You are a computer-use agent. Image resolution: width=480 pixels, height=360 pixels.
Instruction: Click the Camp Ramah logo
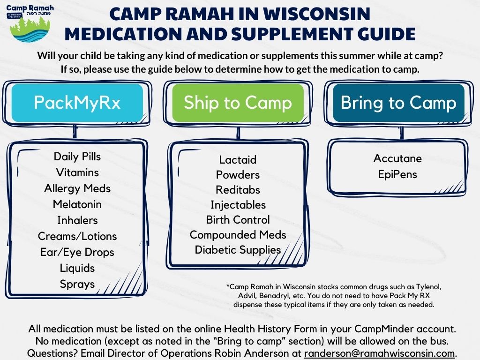pyautogui.click(x=30, y=23)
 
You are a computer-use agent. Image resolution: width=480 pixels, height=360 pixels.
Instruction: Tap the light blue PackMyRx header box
pyautogui.click(x=77, y=103)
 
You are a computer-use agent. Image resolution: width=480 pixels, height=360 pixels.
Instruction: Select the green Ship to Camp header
pyautogui.click(x=238, y=103)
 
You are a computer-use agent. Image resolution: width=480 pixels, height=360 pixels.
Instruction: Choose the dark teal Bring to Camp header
pyautogui.click(x=398, y=103)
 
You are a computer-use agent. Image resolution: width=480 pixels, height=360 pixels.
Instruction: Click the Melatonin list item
pyautogui.click(x=77, y=204)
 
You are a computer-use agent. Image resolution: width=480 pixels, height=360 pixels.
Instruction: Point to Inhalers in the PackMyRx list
pyautogui.click(x=77, y=220)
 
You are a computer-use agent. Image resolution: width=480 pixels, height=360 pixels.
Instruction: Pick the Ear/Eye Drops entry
pyautogui.click(x=77, y=252)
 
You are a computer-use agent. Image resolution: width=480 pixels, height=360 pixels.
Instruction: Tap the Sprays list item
pyautogui.click(x=77, y=284)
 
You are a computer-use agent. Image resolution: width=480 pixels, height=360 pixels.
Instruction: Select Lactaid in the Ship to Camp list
pyautogui.click(x=238, y=159)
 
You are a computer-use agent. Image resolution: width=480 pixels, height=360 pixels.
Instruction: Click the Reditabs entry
pyautogui.click(x=238, y=190)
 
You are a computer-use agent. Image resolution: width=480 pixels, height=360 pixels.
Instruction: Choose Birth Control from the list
pyautogui.click(x=238, y=220)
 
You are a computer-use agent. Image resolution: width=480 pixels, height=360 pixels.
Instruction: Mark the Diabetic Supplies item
pyautogui.click(x=238, y=250)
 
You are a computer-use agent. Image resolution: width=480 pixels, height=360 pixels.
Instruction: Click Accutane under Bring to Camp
pyautogui.click(x=397, y=158)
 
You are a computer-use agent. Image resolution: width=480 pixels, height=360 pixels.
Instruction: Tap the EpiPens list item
pyautogui.click(x=397, y=174)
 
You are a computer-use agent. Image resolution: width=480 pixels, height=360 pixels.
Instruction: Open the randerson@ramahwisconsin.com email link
pyautogui.click(x=379, y=353)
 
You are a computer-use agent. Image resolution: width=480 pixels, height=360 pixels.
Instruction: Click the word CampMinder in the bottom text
pyautogui.click(x=384, y=329)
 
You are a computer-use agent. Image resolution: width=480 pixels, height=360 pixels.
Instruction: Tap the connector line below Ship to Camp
pyautogui.click(x=238, y=133)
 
